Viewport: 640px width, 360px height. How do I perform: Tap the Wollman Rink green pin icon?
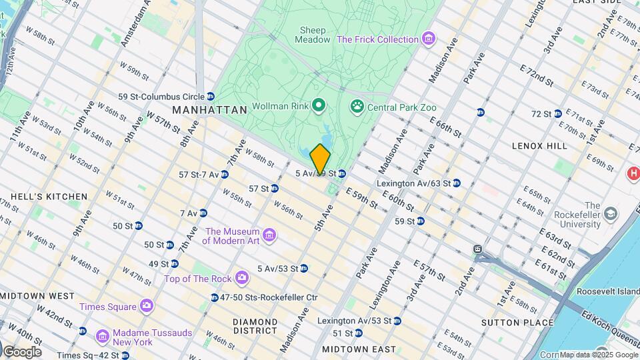pos(319,105)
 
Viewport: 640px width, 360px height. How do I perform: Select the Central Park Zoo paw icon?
pos(356,107)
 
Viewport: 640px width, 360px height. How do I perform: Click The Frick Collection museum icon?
pos(429,39)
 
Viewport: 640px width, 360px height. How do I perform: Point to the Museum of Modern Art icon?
pos(269,235)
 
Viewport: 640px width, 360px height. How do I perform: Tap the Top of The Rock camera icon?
pos(243,277)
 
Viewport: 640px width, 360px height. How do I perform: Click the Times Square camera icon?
pos(146,306)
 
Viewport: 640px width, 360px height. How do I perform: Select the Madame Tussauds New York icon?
pos(101,333)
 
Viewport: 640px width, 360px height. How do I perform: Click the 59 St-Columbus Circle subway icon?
pos(211,97)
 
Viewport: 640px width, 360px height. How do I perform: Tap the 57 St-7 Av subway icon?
pos(225,175)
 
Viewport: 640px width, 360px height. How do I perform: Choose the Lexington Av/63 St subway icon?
pos(456,183)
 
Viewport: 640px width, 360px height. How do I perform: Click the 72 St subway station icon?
pos(557,114)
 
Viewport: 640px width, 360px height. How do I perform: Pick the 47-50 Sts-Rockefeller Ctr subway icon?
pos(215,297)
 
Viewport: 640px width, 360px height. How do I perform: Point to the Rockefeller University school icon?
pos(610,215)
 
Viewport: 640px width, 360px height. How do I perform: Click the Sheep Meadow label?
pos(313,35)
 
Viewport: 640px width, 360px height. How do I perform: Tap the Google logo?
pos(23,351)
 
